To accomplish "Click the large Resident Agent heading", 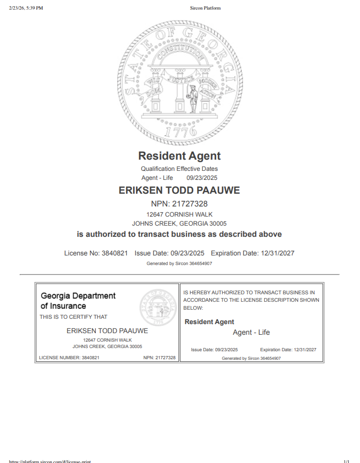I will coord(179,156).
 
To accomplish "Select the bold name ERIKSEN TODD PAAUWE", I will coord(179,191).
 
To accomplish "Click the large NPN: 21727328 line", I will coord(179,204).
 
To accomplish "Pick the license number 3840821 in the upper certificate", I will coord(114,253).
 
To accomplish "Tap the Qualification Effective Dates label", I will coord(179,169).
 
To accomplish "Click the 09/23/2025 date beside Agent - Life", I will coord(202,178).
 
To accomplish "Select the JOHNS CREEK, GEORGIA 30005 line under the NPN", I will coord(179,224).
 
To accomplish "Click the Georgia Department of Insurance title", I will coord(78,301).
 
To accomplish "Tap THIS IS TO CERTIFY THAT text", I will coord(73,317).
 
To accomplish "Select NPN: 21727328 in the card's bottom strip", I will coord(159,358).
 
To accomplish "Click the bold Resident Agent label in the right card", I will coord(209,322).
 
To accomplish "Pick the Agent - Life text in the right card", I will coord(251,333).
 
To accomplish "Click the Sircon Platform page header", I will coord(205,8).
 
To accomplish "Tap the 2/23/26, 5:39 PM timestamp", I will coord(26,8).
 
